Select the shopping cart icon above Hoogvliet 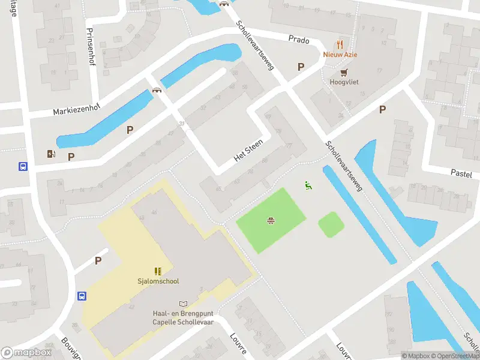click(344, 72)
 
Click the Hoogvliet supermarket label click(344, 82)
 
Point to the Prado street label click(298, 40)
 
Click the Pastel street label click(462, 172)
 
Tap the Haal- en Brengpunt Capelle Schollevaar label click(182, 317)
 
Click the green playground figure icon click(308, 186)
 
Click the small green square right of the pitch click(331, 225)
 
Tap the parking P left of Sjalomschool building click(98, 260)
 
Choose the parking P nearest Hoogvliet click(301, 67)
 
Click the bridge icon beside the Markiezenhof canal click(157, 91)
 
